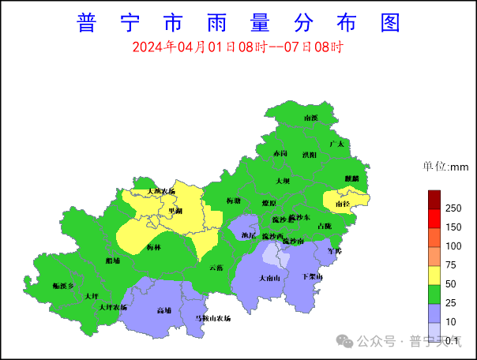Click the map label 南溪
pos(310,118)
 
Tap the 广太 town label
pos(336,144)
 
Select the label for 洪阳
pos(309,156)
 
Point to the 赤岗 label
pos(280,152)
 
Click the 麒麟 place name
pos(351,178)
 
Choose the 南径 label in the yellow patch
pos(344,204)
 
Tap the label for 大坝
pos(283,181)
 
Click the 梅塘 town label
pos(233,201)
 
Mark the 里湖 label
pos(175,211)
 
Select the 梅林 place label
pos(153,247)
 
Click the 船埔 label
pos(113,260)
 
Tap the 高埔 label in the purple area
pos(164,310)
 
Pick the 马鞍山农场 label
pos(213,318)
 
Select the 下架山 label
pos(313,276)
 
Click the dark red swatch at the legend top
pos(434,197)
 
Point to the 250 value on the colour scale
pos(453,208)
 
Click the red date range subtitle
pos(237,47)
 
